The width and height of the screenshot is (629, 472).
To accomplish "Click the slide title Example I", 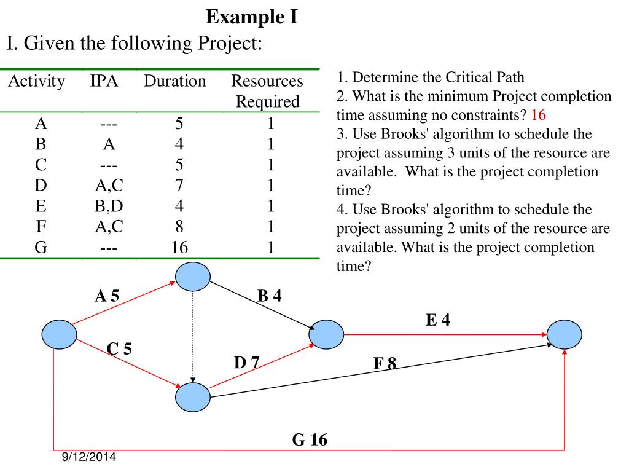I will (x=252, y=17).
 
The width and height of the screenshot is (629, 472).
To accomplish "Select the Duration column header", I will (x=175, y=81).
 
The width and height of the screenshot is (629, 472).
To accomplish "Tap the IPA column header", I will (x=104, y=81).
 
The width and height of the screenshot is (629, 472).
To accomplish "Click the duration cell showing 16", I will (x=179, y=248).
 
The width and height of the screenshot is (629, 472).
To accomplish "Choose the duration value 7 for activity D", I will (x=179, y=186).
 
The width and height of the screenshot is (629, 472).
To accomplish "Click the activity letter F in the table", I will (x=41, y=227).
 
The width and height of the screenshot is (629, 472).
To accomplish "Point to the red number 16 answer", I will (x=539, y=115).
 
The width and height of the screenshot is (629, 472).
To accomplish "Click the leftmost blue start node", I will (x=60, y=334).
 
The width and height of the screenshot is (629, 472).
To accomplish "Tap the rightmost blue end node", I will (x=565, y=334).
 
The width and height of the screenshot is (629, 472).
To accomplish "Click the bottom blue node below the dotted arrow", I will (x=193, y=398).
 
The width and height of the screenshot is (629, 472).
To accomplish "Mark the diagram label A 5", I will (x=107, y=296).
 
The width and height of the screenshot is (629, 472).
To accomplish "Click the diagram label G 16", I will (x=310, y=440).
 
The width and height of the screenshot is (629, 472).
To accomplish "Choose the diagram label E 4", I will (x=438, y=320).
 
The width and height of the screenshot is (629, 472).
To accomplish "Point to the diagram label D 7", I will (x=246, y=363).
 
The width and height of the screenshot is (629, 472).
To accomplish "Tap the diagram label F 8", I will (x=385, y=364).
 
